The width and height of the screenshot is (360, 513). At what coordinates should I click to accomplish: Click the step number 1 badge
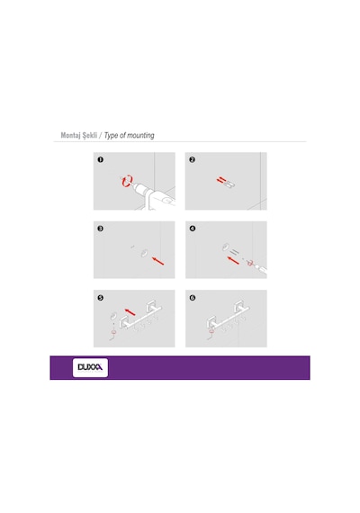101,159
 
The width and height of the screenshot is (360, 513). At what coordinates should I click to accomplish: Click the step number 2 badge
192,159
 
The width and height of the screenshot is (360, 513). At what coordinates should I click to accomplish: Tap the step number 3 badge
101,229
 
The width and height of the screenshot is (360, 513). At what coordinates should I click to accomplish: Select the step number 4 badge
193,229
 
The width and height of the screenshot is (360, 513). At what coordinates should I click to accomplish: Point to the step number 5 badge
101,298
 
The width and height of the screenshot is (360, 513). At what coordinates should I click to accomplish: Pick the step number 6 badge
193,298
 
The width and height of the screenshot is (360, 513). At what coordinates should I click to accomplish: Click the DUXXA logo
90,367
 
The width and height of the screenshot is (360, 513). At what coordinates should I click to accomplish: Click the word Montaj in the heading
71,135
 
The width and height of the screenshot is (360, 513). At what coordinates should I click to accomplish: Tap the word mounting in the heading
140,135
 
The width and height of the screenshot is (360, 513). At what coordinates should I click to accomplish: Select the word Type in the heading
112,135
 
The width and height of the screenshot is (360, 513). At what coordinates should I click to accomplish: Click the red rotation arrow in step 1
127,181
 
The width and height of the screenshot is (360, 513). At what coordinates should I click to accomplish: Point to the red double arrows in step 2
220,180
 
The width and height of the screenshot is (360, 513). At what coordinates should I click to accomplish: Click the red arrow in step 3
158,261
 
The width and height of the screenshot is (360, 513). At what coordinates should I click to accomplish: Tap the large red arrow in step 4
233,260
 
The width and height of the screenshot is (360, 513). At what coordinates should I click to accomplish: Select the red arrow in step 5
130,311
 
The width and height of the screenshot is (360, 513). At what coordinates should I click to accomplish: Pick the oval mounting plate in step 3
144,253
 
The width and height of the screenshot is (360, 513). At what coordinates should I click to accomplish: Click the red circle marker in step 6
211,332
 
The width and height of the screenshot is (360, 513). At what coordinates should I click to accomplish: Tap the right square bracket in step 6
240,309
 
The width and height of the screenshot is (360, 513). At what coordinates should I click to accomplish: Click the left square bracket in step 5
124,322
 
